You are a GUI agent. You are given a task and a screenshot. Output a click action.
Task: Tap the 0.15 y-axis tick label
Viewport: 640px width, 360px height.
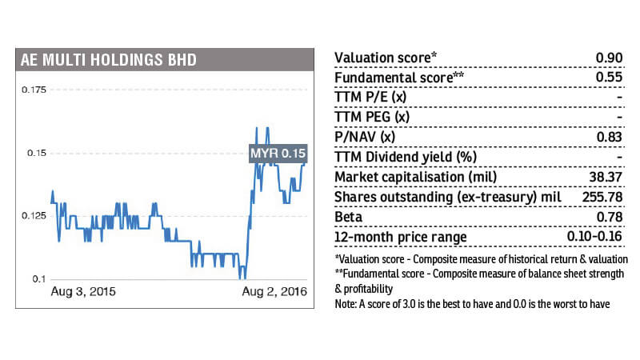pos(38,153)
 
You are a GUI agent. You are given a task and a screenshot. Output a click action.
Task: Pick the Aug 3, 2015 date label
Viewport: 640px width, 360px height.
pos(83,292)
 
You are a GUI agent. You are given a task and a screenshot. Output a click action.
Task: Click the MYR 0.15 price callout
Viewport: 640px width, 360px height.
pos(278,153)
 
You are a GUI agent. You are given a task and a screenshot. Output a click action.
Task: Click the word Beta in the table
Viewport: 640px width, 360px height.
pos(349,217)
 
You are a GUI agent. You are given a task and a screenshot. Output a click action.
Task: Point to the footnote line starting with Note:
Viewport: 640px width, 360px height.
pos(476,306)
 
